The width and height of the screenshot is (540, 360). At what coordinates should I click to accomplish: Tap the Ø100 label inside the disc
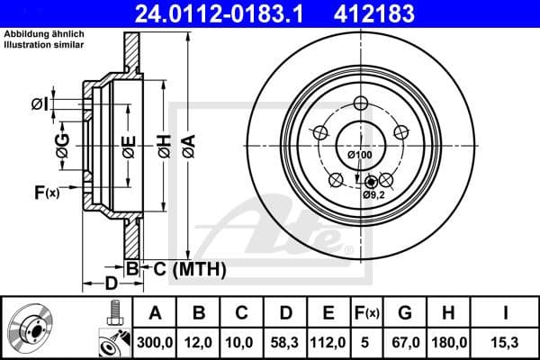[x=359, y=156]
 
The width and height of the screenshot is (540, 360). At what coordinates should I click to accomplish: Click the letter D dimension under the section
[x=109, y=284]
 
